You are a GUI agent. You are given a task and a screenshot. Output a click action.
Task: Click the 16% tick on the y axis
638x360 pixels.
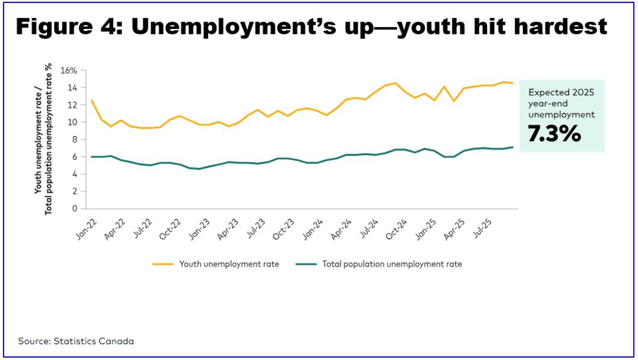[69, 71]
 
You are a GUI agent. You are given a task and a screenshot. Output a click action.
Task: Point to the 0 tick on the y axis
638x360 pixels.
[75, 209]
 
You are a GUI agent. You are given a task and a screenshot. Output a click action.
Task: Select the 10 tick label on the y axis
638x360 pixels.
[72, 122]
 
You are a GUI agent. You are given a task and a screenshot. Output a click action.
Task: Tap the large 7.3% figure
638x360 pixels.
[554, 134]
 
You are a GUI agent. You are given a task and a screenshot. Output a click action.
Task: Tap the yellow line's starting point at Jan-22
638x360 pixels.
[91, 100]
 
